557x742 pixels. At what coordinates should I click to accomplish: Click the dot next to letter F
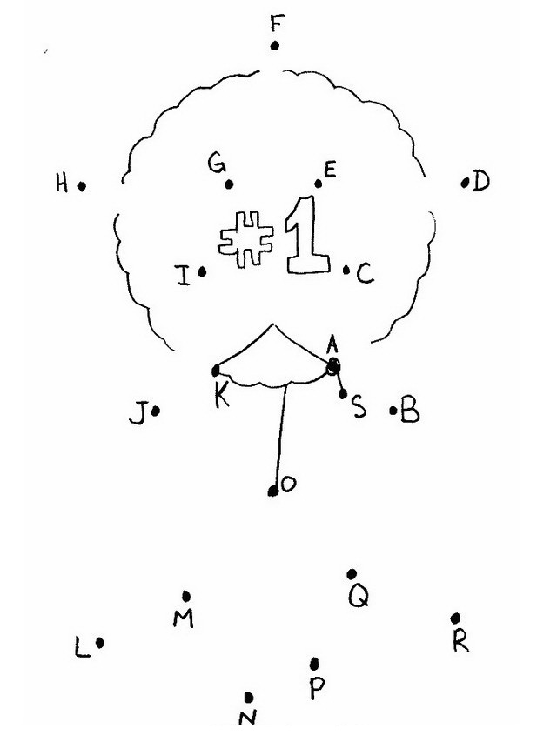(x=275, y=46)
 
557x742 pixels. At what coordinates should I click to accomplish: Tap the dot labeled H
(x=82, y=185)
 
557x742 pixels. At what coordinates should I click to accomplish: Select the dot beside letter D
(x=466, y=183)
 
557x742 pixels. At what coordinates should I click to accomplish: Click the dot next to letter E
(x=319, y=184)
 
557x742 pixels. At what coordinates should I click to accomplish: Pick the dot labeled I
(x=202, y=272)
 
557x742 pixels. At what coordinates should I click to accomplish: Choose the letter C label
(x=365, y=275)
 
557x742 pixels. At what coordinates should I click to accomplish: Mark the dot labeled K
(x=216, y=371)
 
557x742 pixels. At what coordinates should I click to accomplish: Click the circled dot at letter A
(x=332, y=368)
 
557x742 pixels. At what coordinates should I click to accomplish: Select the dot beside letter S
(x=344, y=394)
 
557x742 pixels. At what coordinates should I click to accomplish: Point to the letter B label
(x=410, y=411)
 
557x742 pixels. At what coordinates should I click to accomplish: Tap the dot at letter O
(x=273, y=491)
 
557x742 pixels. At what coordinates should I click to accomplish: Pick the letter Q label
(x=358, y=596)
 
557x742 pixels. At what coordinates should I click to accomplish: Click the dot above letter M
(x=186, y=596)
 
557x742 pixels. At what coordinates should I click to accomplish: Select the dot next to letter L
(x=101, y=643)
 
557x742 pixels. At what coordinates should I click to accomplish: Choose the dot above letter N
(x=249, y=697)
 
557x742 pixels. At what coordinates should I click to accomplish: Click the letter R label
(x=460, y=642)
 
